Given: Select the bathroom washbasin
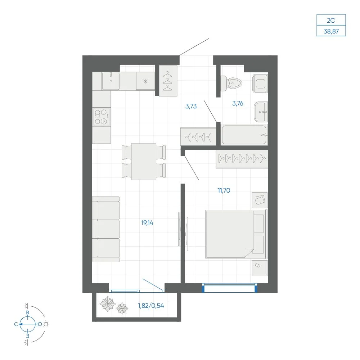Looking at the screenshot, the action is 261,112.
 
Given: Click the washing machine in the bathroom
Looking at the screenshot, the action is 260,84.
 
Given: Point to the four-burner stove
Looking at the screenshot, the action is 101,117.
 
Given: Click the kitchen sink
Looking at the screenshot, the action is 111,81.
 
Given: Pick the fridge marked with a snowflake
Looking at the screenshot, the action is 145,81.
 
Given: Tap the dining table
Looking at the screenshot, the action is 144,161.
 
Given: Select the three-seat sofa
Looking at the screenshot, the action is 106,229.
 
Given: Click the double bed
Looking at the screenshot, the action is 237,234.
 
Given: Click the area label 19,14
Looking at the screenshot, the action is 147,223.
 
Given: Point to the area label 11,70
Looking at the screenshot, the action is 224,190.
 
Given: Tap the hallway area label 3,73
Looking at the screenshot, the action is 191,106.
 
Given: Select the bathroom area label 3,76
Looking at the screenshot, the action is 238,103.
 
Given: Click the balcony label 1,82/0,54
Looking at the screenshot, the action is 151,306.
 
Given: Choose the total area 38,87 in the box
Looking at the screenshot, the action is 331,31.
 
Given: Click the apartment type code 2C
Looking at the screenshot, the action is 331,20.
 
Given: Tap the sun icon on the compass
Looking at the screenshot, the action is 46,324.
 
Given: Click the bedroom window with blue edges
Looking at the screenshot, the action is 230,288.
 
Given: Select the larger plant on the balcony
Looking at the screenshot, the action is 107,304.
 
